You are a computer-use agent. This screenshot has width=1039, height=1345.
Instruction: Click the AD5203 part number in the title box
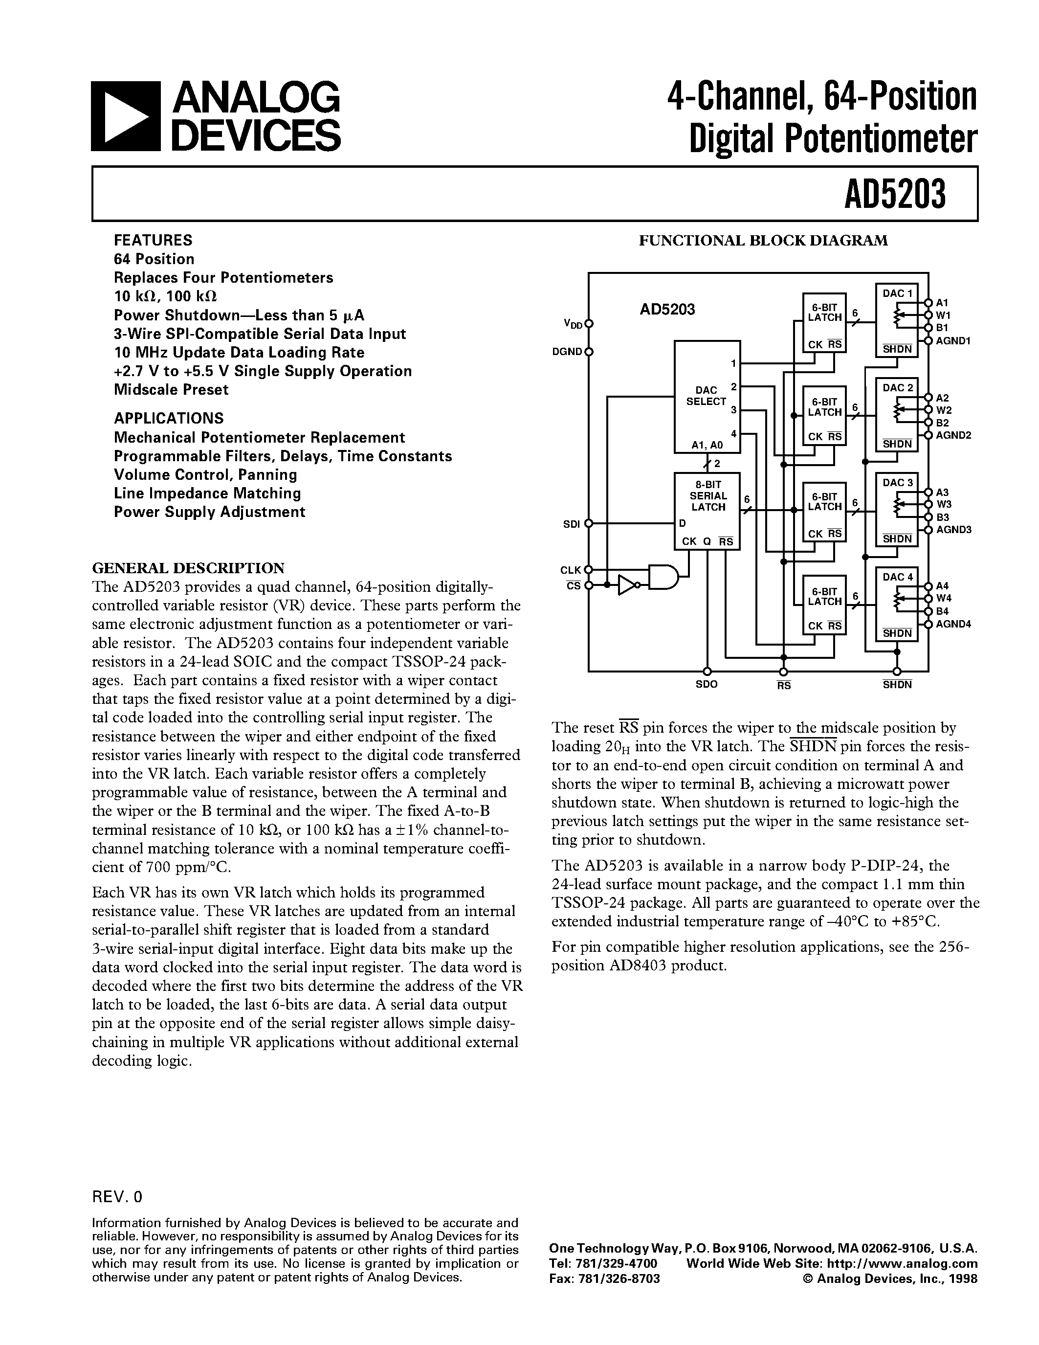(894, 195)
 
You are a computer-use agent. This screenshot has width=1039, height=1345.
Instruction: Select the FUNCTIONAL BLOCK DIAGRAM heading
(763, 241)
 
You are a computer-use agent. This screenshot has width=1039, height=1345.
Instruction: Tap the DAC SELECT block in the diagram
(707, 397)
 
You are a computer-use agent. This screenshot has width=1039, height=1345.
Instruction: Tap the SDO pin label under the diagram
(707, 685)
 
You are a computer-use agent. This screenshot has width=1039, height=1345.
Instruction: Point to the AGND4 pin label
(953, 624)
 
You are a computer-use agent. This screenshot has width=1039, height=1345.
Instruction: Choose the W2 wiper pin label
(944, 410)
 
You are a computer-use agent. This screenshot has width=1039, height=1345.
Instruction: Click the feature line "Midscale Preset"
(171, 390)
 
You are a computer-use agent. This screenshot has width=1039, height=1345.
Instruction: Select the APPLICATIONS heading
(169, 418)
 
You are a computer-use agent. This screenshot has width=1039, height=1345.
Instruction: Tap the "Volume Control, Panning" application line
(205, 475)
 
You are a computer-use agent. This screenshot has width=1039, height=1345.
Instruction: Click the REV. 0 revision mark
(117, 1197)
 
